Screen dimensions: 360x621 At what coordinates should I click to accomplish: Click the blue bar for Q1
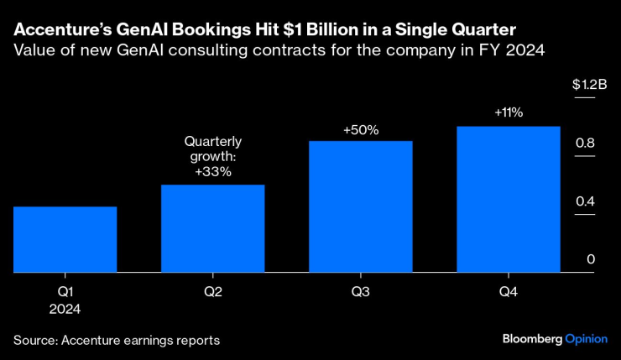click(x=65, y=239)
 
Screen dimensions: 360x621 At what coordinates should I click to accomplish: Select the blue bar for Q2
click(x=212, y=228)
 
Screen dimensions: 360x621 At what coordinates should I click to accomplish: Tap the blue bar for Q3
click(x=360, y=206)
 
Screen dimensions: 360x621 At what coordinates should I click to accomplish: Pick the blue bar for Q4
click(x=508, y=200)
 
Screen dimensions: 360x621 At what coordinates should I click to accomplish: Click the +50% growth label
click(x=361, y=130)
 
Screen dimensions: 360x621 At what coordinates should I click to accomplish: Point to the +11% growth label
click(x=509, y=112)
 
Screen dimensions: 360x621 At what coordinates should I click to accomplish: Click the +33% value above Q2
click(x=212, y=171)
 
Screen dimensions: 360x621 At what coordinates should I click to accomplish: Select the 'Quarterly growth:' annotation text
click(x=212, y=149)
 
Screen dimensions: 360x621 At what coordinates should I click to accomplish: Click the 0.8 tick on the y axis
click(x=585, y=143)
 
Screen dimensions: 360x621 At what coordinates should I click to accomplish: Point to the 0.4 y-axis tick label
click(x=585, y=201)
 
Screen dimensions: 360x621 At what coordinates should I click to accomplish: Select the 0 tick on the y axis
click(x=590, y=260)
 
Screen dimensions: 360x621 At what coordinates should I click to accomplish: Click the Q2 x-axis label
click(x=212, y=291)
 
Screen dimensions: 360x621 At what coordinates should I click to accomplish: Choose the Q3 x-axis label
click(x=360, y=291)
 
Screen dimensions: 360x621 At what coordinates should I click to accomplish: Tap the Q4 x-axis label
click(x=508, y=291)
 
